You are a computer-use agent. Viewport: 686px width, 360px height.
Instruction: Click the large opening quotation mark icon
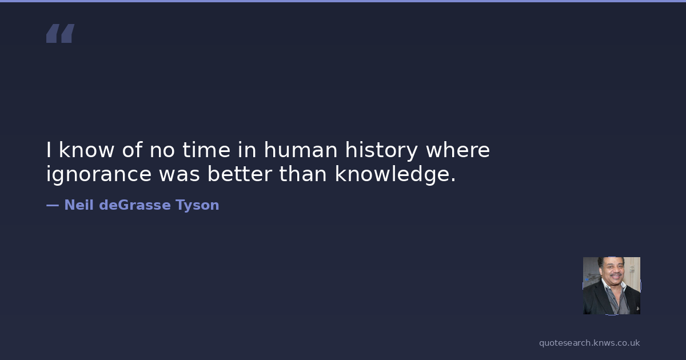click(x=61, y=33)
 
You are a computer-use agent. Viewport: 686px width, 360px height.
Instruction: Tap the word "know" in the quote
click(x=86, y=150)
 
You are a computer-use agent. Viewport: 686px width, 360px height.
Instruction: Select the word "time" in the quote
click(x=206, y=150)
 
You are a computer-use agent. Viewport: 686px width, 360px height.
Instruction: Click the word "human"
click(x=301, y=150)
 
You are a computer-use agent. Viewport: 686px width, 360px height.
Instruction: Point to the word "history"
click(x=381, y=151)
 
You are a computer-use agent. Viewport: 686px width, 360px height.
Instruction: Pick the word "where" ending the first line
click(x=458, y=150)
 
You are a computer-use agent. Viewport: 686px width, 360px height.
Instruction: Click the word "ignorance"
click(x=98, y=174)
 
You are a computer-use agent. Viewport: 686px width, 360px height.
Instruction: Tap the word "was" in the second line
click(x=180, y=174)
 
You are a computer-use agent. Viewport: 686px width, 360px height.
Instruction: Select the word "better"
click(x=240, y=174)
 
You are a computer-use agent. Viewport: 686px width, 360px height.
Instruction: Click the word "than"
click(x=303, y=174)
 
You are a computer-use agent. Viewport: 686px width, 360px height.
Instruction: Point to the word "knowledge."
click(x=396, y=174)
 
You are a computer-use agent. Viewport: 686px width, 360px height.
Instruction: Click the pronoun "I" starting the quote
click(x=49, y=150)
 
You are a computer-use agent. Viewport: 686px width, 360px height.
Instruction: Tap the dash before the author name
click(x=53, y=205)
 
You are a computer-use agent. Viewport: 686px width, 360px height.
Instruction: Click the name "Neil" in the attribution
click(x=79, y=205)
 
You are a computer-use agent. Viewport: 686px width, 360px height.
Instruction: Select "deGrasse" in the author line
click(x=135, y=205)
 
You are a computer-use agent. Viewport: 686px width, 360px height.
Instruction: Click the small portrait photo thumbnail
click(x=612, y=286)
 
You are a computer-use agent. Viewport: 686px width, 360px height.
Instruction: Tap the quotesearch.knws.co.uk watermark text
click(x=589, y=343)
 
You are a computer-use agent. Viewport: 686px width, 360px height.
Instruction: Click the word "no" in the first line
click(x=162, y=151)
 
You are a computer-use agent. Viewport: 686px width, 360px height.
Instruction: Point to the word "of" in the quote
click(x=132, y=150)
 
